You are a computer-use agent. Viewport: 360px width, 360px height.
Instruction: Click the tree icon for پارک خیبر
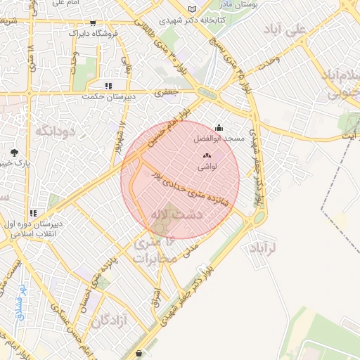(x=14, y=153)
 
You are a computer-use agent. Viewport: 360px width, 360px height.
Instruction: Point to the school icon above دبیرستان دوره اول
(x=32, y=213)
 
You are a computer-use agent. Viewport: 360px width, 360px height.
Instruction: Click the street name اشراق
(x=156, y=298)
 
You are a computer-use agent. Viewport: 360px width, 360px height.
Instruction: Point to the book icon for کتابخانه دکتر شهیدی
(x=192, y=9)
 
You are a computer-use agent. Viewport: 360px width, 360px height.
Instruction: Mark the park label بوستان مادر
(x=255, y=4)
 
